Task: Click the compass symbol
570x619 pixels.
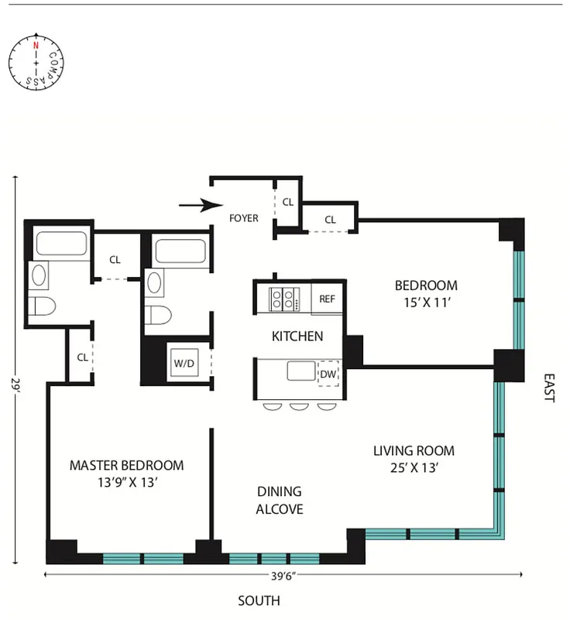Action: click(36, 60)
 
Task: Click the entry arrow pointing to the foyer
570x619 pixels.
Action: click(194, 206)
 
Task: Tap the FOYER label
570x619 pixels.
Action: click(243, 218)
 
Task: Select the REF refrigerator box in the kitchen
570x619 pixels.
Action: click(328, 299)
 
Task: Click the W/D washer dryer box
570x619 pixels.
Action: click(184, 363)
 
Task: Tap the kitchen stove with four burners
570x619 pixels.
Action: click(284, 299)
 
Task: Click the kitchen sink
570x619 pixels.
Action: click(301, 371)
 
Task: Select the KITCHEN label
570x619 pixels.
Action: click(297, 336)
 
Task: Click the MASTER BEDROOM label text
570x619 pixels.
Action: click(126, 465)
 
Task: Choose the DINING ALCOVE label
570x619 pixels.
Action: click(279, 500)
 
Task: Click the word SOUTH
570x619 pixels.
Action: click(259, 600)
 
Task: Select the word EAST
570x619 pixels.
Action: click(549, 389)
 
